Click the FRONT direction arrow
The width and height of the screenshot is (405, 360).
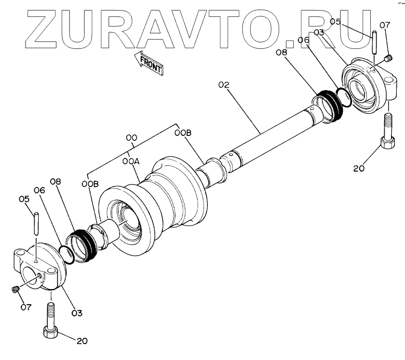[150, 63]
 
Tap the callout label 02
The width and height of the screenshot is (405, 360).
[223, 85]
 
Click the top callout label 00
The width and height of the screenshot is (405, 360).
[132, 138]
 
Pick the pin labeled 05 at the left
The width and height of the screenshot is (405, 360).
[37, 225]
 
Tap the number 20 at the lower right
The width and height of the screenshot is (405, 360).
[359, 168]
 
